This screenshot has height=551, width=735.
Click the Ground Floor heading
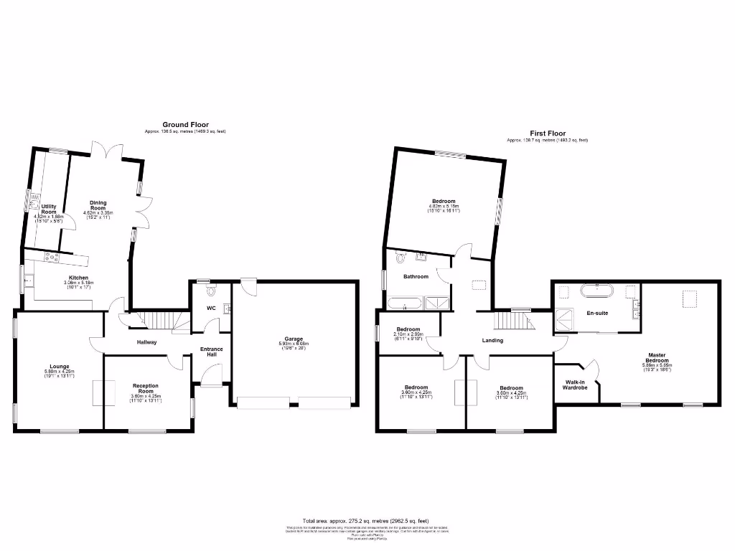click(185, 124)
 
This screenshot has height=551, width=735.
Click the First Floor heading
click(548, 133)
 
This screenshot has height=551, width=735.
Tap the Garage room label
click(293, 339)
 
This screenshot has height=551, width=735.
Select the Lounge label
click(60, 367)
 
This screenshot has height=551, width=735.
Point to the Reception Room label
click(146, 388)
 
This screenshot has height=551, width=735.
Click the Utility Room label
click(49, 209)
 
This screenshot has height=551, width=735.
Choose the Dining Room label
click(98, 205)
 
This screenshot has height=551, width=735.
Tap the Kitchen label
click(78, 278)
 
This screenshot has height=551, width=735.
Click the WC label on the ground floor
click(211, 309)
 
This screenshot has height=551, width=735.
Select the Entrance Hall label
click(211, 352)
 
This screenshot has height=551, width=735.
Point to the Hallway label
click(146, 342)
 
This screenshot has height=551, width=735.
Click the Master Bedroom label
click(657, 357)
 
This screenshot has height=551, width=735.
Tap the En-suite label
click(596, 314)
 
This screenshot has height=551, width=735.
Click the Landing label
click(492, 340)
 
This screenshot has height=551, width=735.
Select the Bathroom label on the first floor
click(416, 276)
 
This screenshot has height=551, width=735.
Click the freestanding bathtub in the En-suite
click(596, 291)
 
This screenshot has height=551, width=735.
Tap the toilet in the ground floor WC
click(210, 291)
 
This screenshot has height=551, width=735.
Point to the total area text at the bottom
click(367, 520)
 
